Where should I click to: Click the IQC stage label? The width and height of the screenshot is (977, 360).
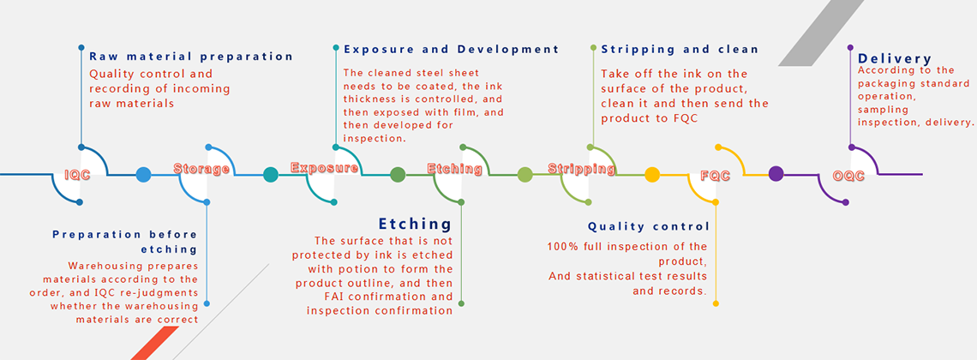pyautogui.click(x=79, y=175)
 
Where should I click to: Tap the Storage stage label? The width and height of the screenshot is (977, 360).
pyautogui.click(x=201, y=168)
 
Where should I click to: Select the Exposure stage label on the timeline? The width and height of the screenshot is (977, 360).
pyautogui.click(x=324, y=167)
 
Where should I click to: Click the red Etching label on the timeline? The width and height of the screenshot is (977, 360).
pyautogui.click(x=454, y=168)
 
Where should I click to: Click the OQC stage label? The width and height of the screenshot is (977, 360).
pyautogui.click(x=848, y=176)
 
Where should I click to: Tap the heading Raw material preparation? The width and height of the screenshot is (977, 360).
pyautogui.click(x=191, y=57)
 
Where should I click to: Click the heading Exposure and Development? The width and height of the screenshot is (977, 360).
pyautogui.click(x=451, y=49)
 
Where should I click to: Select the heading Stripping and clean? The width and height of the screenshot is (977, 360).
pyautogui.click(x=680, y=49)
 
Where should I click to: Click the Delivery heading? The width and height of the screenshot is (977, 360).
pyautogui.click(x=895, y=59)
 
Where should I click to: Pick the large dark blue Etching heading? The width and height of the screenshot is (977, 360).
pyautogui.click(x=414, y=224)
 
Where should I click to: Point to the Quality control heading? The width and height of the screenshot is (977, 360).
pyautogui.click(x=649, y=226)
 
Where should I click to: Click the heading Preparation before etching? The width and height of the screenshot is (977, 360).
pyautogui.click(x=124, y=242)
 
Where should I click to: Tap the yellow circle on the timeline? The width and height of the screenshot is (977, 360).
pyautogui.click(x=651, y=174)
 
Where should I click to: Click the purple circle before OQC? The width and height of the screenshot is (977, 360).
pyautogui.click(x=776, y=174)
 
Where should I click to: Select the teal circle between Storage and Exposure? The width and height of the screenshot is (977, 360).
pyautogui.click(x=271, y=174)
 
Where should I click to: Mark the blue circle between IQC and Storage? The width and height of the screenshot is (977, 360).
pyautogui.click(x=143, y=174)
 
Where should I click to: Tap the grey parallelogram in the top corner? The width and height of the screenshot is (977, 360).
pyautogui.click(x=821, y=33)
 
